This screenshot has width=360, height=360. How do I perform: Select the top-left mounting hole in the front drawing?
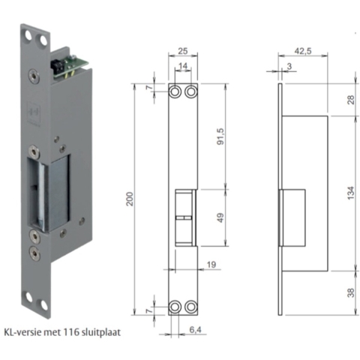tap(175, 91)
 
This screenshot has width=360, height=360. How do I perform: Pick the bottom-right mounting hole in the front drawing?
tap(190, 307)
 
